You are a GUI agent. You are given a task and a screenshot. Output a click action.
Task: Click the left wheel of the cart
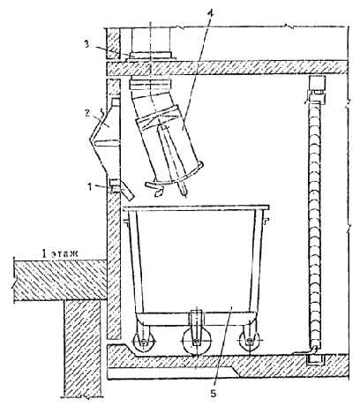point(143,343)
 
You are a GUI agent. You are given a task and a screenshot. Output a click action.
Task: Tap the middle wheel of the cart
point(195,343)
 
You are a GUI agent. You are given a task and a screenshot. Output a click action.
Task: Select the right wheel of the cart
point(250,342)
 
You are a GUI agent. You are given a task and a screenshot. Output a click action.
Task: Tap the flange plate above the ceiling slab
point(151,56)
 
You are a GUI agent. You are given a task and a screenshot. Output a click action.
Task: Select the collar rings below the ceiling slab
point(150,83)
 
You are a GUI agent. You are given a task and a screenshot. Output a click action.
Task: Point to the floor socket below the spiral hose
point(315,359)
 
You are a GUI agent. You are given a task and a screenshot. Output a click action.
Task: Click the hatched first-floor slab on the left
point(60,280)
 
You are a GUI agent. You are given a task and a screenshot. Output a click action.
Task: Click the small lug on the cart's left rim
point(127,223)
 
